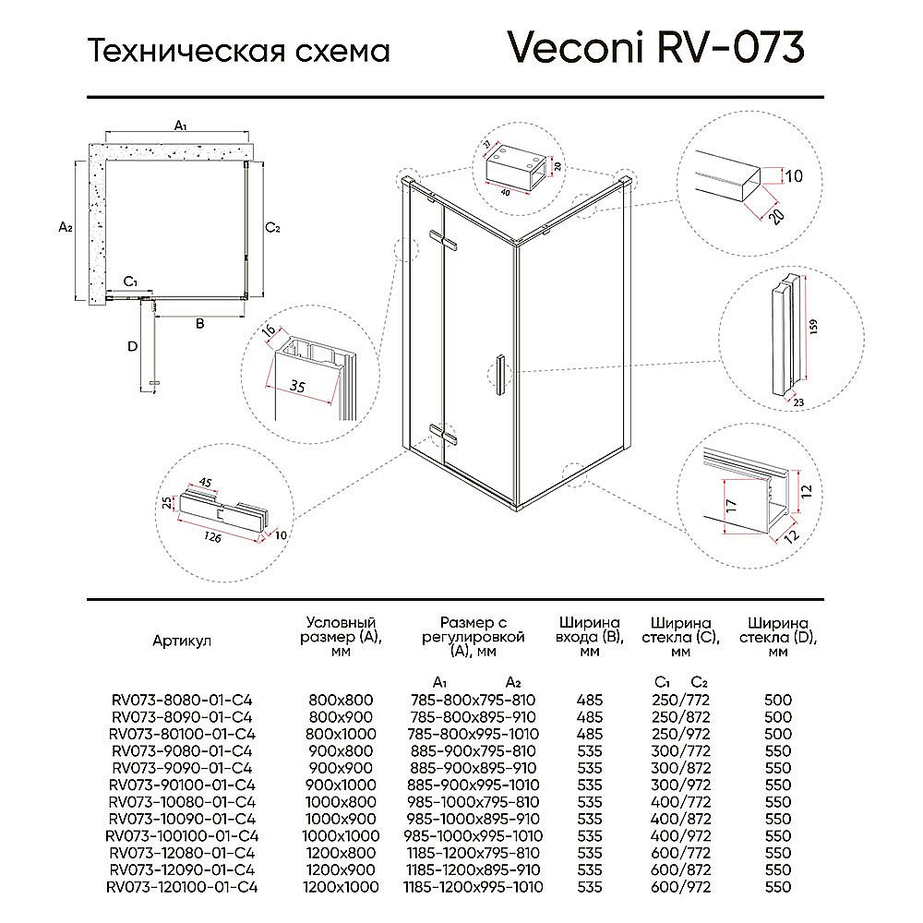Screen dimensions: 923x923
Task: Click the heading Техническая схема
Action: point(238,50)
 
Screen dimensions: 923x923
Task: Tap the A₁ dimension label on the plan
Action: point(182,126)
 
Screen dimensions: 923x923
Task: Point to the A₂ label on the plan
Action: point(65,226)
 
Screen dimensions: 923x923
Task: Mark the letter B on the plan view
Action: point(198,323)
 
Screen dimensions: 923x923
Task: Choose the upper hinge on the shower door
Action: point(449,243)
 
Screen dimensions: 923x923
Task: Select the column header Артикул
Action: point(182,641)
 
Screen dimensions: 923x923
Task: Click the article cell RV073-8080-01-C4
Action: point(182,701)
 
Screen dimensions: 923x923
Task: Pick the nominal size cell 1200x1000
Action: point(341,887)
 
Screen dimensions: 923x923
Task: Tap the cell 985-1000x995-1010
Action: point(473,836)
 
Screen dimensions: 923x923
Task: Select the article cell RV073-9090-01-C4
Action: point(182,768)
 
